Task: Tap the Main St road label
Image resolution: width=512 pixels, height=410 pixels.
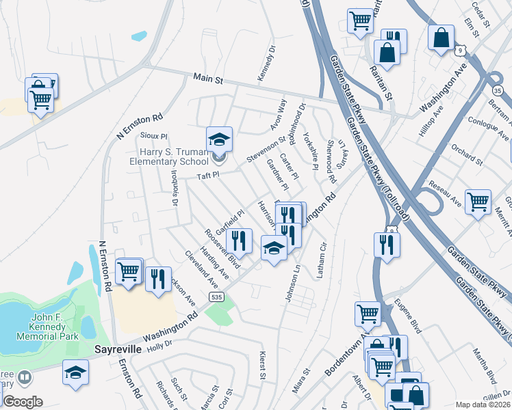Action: click(x=209, y=79)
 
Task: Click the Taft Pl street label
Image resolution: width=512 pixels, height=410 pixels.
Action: click(x=207, y=176)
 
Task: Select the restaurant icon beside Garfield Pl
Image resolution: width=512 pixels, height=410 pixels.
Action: click(x=238, y=240)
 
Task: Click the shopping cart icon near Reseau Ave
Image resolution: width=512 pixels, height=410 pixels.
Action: click(x=478, y=202)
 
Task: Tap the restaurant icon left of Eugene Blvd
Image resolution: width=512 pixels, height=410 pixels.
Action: click(x=383, y=244)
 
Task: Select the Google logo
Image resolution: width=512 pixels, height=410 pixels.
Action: click(x=23, y=401)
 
